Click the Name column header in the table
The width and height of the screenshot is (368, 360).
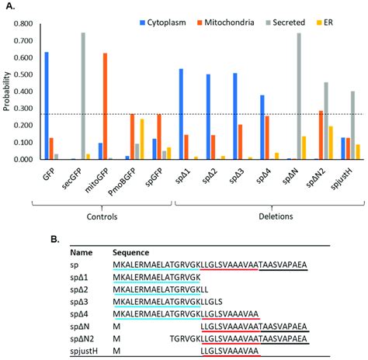[x=82, y=253]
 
